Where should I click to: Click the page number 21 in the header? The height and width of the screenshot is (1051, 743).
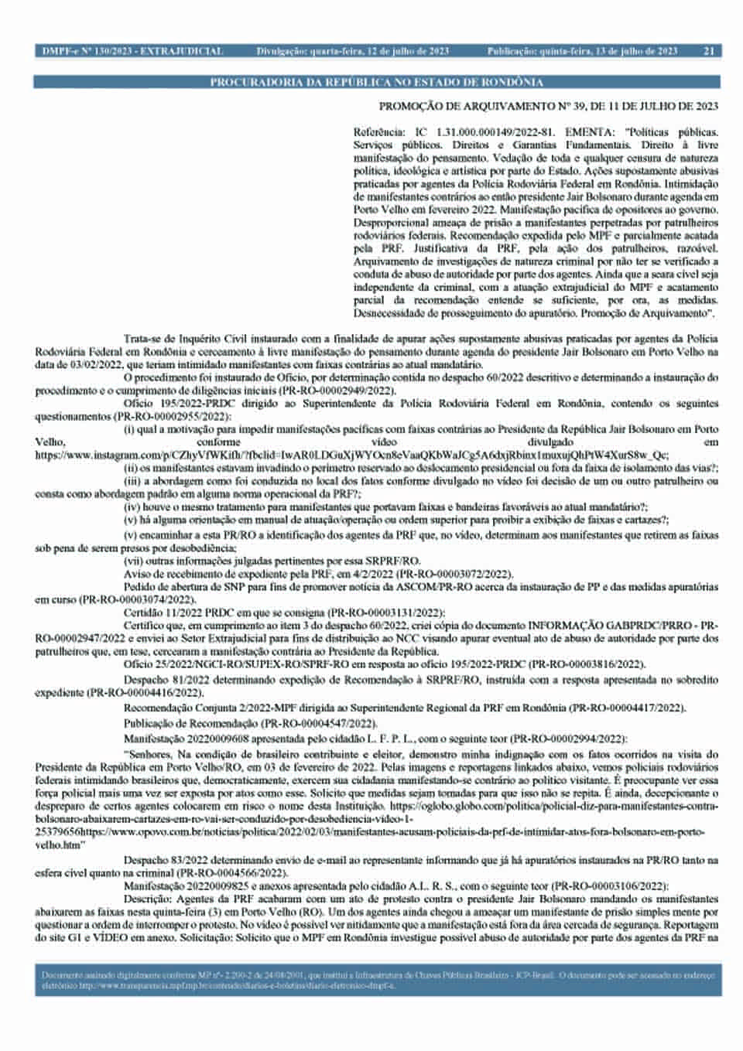[x=709, y=52]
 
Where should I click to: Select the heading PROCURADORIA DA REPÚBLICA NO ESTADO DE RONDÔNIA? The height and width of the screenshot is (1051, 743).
[x=377, y=82]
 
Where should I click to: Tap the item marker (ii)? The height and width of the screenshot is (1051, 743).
[x=132, y=468]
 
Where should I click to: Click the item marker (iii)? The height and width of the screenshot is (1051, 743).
[x=133, y=481]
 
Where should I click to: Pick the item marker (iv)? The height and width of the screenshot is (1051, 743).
[x=132, y=507]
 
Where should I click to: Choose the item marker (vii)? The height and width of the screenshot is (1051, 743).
[x=134, y=560]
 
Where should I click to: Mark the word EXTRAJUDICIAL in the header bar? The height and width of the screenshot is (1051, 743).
[x=187, y=52]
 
